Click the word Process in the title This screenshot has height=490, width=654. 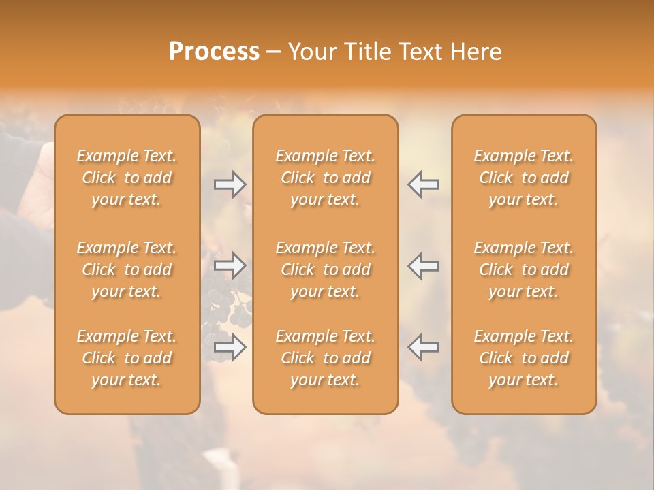pyautogui.click(x=214, y=52)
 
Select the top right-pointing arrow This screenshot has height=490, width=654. pyautogui.click(x=230, y=184)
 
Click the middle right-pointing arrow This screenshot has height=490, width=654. pyautogui.click(x=230, y=265)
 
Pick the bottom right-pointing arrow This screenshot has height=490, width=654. pyautogui.click(x=230, y=347)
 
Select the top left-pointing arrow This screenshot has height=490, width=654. pyautogui.click(x=423, y=184)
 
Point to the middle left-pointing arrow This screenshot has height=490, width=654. pyautogui.click(x=423, y=265)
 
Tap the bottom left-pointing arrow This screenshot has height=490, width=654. pyautogui.click(x=423, y=347)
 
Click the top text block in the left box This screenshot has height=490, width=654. pyautogui.click(x=127, y=178)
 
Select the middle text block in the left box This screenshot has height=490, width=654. pyautogui.click(x=127, y=269)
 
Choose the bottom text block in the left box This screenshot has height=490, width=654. pyautogui.click(x=127, y=358)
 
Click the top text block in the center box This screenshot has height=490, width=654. pyautogui.click(x=325, y=178)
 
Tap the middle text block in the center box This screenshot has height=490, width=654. pyautogui.click(x=325, y=269)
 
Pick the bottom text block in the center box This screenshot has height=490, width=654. pyautogui.click(x=325, y=358)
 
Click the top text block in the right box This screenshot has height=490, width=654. pyautogui.click(x=523, y=178)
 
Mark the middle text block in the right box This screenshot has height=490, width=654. pyautogui.click(x=523, y=269)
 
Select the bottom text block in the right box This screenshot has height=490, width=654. pyautogui.click(x=523, y=358)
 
